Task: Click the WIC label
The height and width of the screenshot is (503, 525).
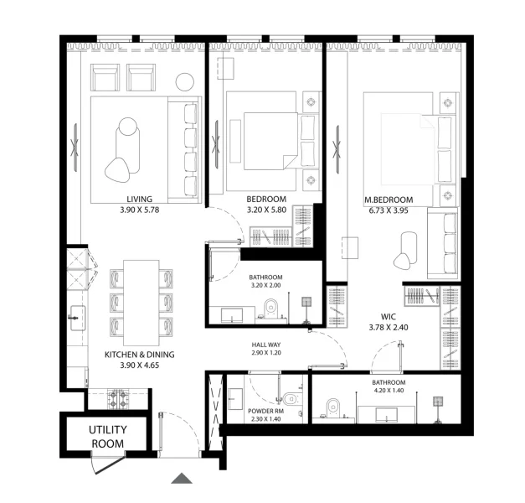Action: tap(388, 316)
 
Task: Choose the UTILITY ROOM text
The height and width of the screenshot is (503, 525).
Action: tap(106, 437)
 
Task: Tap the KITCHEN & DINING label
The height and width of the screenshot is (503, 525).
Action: tap(132, 355)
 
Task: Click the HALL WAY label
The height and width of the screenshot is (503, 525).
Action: tap(265, 345)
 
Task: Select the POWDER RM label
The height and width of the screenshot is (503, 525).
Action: tap(266, 410)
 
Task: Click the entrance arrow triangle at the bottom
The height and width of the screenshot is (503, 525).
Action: tap(182, 479)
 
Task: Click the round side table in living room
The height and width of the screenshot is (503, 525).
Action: tap(185, 81)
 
